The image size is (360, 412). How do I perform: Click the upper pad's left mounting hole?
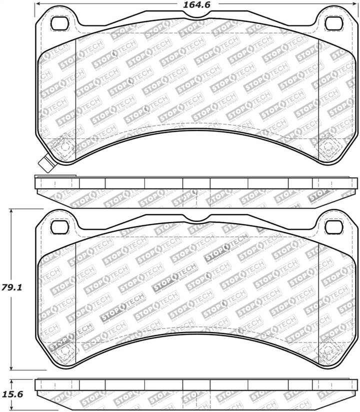click(59, 23)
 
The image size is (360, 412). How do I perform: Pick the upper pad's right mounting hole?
click(331, 23)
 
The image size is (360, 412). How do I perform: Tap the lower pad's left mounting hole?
click(59, 227)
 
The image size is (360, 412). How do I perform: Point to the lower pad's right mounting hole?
click(331, 227)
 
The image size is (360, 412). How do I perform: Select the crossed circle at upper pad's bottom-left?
click(62, 146)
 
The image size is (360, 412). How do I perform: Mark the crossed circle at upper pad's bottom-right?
click(328, 146)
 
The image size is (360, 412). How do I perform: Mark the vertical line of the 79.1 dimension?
click(13, 250)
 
